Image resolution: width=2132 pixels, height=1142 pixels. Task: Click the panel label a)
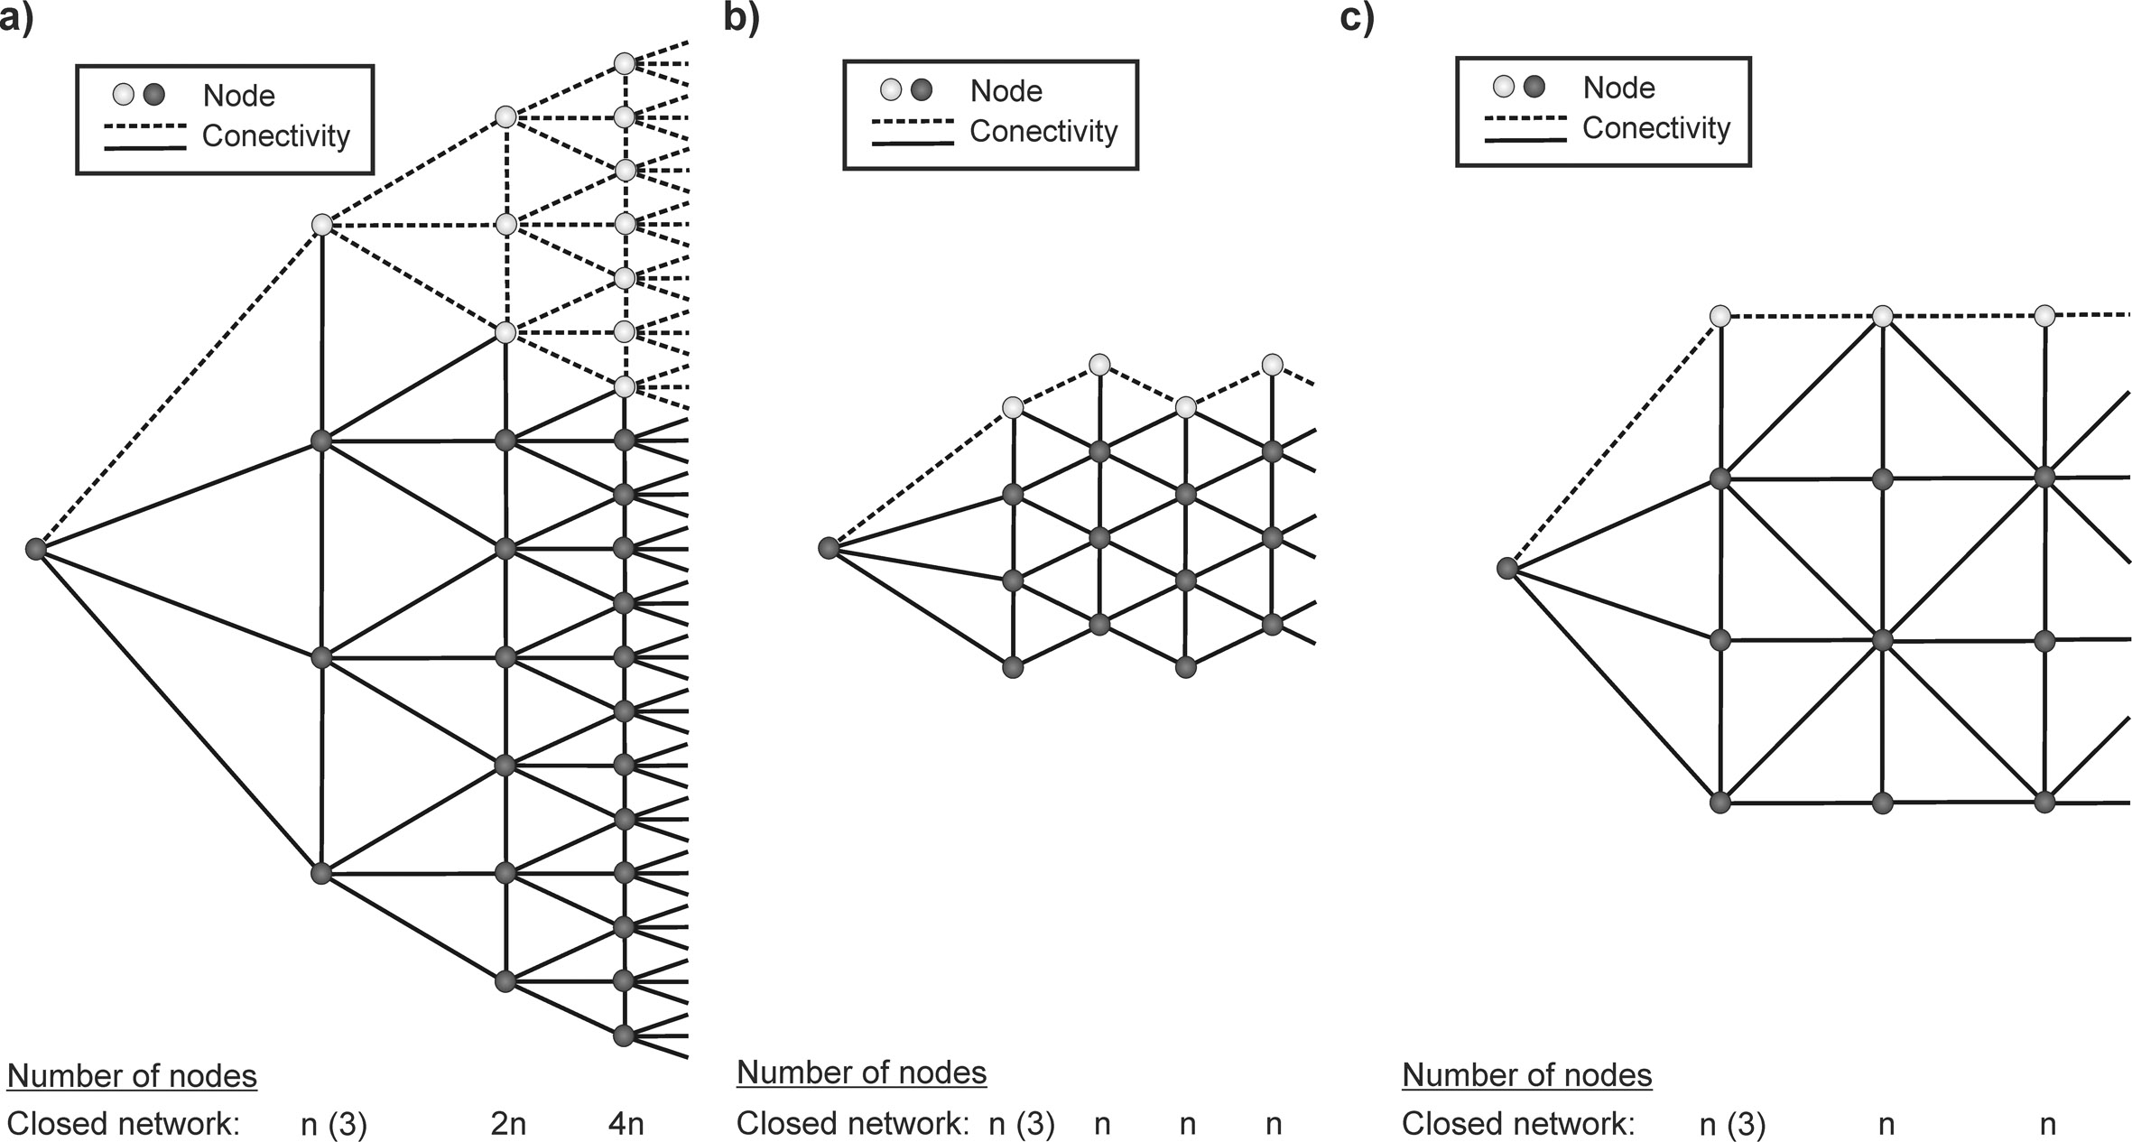tap(16, 19)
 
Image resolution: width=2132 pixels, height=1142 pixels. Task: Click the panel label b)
tap(741, 19)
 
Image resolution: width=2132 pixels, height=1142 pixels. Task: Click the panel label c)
tap(1357, 19)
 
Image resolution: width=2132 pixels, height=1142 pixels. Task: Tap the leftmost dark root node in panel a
tap(35, 549)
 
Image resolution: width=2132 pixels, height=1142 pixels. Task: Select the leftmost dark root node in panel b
tap(829, 548)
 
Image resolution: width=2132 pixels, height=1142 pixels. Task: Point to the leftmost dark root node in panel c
tap(1506, 568)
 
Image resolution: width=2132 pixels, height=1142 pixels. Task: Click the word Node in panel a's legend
tap(239, 96)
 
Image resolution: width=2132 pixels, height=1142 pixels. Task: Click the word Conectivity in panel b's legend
tap(1043, 132)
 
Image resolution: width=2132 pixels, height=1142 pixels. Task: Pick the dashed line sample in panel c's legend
tap(1525, 118)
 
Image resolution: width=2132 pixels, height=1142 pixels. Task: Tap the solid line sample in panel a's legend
tap(145, 147)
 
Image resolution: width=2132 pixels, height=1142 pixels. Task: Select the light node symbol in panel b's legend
tap(891, 90)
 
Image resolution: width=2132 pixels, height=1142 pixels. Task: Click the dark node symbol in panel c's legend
tap(1534, 87)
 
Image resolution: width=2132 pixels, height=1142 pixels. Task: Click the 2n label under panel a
tap(508, 1124)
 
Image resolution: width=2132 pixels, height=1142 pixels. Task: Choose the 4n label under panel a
tap(626, 1124)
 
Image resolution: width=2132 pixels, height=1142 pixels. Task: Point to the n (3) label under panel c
tap(1732, 1125)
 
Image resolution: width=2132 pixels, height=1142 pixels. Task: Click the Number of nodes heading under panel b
tap(862, 1072)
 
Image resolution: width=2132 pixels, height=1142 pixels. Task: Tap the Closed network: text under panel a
tap(124, 1124)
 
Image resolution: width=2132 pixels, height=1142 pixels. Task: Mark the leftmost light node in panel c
tap(1720, 316)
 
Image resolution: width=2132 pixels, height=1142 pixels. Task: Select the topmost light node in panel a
tap(625, 63)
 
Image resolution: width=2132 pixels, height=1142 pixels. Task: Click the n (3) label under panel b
tap(1022, 1125)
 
